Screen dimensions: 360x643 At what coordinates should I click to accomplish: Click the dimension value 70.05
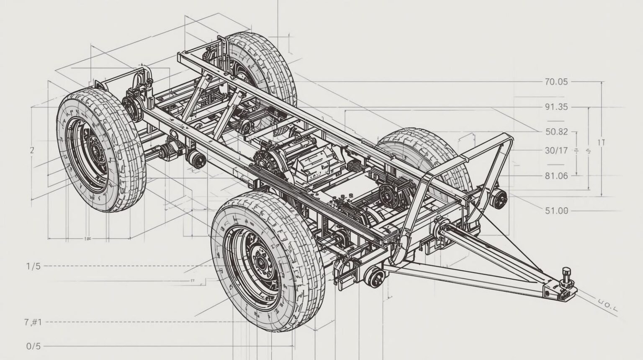tap(556, 82)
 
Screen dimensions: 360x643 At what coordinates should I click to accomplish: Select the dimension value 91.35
tap(556, 107)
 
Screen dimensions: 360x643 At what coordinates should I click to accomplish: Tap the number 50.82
tap(556, 131)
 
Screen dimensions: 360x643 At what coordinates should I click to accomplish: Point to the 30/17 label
tap(556, 150)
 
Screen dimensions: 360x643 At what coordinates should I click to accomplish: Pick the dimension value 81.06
tap(556, 176)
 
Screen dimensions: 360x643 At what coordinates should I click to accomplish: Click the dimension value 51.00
tap(556, 211)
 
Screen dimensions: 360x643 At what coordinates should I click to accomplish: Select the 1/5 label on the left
tap(33, 266)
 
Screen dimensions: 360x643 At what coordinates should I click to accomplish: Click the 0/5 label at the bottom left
tap(33, 346)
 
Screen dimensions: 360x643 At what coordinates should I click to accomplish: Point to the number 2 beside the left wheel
tap(32, 150)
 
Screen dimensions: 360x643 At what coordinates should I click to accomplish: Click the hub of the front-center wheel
tap(260, 263)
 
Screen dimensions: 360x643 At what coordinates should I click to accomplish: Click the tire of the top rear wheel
tap(268, 63)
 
